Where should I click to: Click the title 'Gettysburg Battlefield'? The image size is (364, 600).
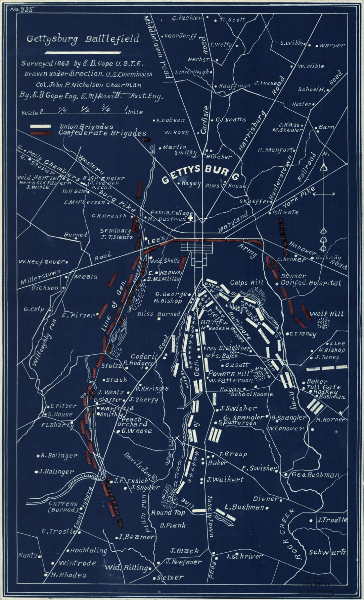[x=83, y=39]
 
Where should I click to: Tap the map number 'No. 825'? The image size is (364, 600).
[x=22, y=9]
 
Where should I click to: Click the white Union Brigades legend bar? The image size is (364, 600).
[x=41, y=126]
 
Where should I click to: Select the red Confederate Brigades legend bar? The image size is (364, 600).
[x=41, y=133]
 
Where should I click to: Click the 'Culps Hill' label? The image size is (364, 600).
[x=247, y=282]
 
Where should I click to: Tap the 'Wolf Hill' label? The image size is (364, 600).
[x=327, y=313]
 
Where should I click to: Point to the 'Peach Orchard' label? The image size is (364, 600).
[x=132, y=421]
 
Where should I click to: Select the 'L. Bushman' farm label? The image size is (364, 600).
[x=244, y=507]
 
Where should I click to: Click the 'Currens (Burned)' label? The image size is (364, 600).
[x=63, y=507]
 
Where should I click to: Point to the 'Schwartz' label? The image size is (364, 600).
[x=328, y=552]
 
